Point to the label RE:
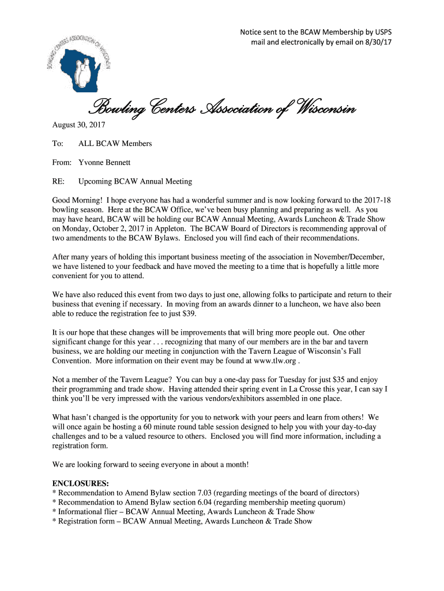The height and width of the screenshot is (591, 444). click(58, 181)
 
